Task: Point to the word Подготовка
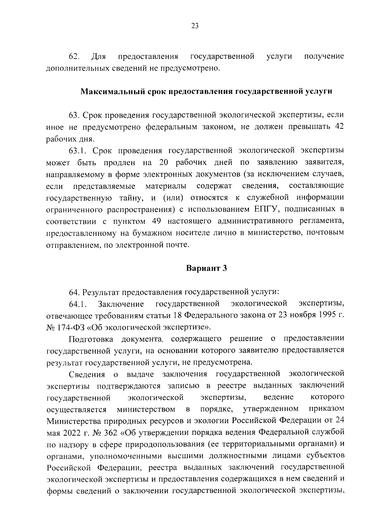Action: pos(92,339)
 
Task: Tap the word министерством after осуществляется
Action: pos(146,409)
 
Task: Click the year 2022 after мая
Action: pos(70,433)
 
